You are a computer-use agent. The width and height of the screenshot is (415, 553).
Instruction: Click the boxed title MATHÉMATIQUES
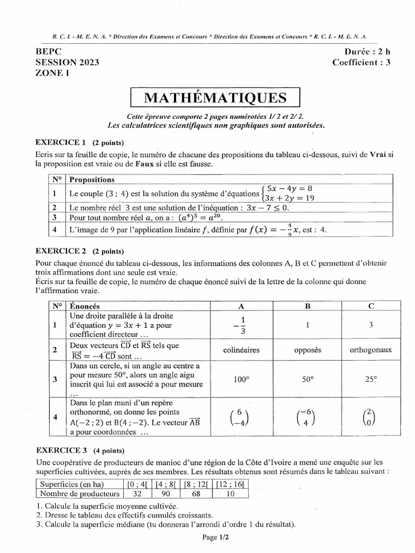pyautogui.click(x=215, y=98)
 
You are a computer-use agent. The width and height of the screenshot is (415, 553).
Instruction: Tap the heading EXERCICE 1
pyautogui.click(x=61, y=143)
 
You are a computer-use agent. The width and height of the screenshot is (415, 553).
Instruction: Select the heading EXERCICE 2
pyautogui.click(x=61, y=251)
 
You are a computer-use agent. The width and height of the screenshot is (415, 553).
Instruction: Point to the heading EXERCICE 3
pyautogui.click(x=61, y=450)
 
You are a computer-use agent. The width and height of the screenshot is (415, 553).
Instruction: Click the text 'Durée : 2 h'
pyautogui.click(x=367, y=52)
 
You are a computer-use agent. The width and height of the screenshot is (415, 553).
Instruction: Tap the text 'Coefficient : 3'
pyautogui.click(x=362, y=63)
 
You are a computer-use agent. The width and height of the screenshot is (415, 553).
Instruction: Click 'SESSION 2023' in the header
pyautogui.click(x=68, y=63)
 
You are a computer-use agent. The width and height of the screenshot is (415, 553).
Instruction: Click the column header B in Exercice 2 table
pyautogui.click(x=308, y=306)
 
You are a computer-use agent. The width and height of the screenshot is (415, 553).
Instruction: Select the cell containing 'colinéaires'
pyautogui.click(x=241, y=350)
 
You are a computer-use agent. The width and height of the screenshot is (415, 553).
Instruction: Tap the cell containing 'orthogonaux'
pyautogui.click(x=371, y=350)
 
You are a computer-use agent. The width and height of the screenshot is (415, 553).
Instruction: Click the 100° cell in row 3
pyautogui.click(x=241, y=379)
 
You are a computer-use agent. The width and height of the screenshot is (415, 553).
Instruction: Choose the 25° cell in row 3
pyautogui.click(x=371, y=379)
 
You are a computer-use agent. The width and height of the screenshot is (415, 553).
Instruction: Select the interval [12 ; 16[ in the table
pyautogui.click(x=231, y=484)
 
